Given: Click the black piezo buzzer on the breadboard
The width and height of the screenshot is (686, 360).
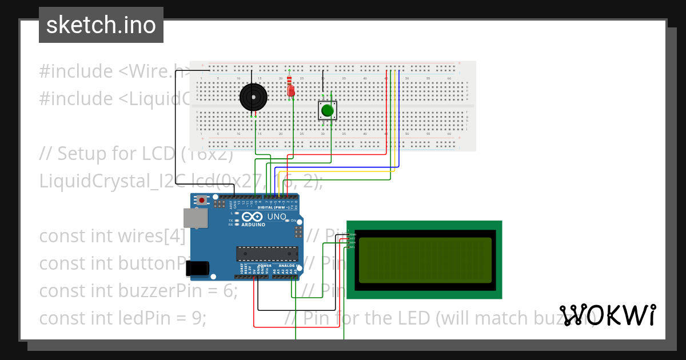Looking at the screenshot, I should point(253,97).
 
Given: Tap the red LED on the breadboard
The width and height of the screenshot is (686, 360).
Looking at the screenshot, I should point(291,91).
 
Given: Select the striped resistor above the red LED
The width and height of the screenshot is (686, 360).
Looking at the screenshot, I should point(289,80).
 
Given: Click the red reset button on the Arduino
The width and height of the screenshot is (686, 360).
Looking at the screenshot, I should point(201,201).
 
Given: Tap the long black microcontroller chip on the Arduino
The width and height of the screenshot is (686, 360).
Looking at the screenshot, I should point(267,254).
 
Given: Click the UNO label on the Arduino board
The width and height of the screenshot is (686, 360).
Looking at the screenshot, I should point(277,217).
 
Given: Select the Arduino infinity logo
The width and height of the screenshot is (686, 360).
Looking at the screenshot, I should point(252,217).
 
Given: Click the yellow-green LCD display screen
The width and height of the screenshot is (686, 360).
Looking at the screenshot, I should point(425,260).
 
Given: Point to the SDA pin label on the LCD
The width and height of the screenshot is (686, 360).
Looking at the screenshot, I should point(353,243).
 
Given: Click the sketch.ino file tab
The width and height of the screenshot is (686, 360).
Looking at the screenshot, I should point(101,25).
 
